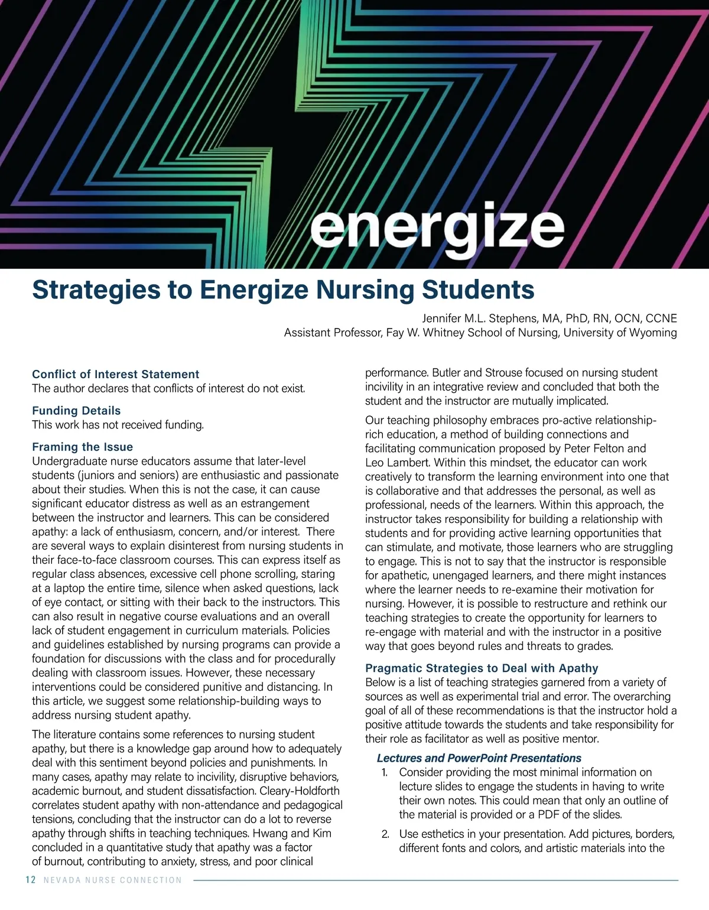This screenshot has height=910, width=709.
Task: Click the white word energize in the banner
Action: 437,228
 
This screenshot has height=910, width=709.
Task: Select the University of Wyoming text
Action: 620,333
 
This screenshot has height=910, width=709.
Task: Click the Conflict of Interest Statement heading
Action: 115,374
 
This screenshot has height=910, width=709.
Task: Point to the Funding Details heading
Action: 76,411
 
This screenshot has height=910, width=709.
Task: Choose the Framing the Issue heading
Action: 82,447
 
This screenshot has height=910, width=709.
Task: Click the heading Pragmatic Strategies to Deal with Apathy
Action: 482,668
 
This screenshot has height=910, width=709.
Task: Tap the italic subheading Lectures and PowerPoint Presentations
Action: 479,758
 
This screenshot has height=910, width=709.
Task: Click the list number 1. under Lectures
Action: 384,772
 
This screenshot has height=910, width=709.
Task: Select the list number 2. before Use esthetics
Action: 385,834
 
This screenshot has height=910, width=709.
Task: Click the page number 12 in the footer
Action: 31,880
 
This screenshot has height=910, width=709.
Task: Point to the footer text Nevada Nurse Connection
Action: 113,880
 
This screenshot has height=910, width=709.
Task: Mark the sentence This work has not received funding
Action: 118,425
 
